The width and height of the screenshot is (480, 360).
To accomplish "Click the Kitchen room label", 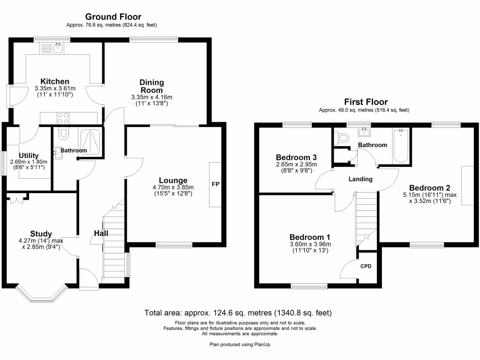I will point(55,82).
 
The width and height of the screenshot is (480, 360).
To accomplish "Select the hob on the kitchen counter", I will point(64,118).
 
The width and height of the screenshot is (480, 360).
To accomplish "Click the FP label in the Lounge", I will point(216,184).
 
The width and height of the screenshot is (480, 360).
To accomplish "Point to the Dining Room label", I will point(151,86).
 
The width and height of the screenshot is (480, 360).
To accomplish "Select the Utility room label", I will point(29,156).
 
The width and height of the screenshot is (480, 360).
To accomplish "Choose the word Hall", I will point(101,233).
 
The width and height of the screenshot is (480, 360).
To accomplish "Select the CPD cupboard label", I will point(366,266).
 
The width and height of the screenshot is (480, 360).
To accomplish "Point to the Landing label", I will point(360,179).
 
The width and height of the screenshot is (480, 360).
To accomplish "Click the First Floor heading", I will point(366,102).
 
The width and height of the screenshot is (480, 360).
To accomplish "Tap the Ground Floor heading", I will point(113,17).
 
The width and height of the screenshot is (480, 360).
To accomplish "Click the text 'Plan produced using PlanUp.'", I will point(240,344).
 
